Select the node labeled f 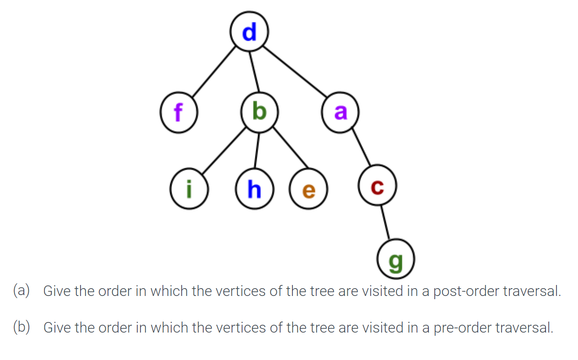(x=178, y=113)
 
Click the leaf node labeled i (x=188, y=189)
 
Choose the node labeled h (x=254, y=189)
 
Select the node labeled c (x=377, y=187)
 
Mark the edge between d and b (x=254, y=72)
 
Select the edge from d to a (x=295, y=72)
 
